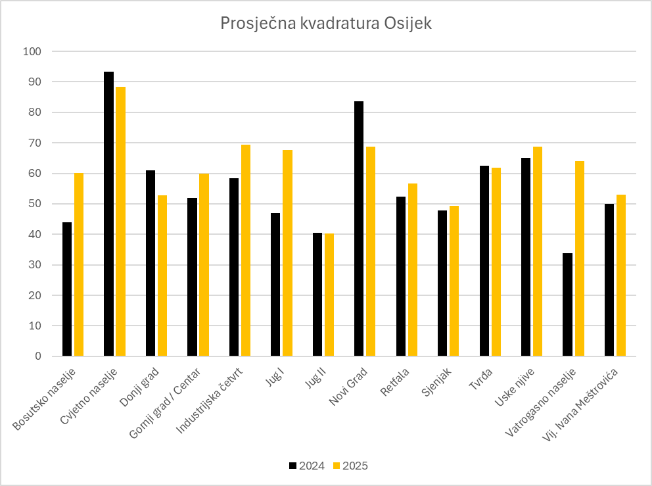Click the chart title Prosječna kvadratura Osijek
click(x=326, y=24)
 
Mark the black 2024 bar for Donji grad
click(x=151, y=263)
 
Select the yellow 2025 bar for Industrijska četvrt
click(x=246, y=251)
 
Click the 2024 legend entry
click(x=307, y=466)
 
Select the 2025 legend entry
click(x=350, y=466)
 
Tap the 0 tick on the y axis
click(x=37, y=356)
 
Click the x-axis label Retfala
click(x=396, y=383)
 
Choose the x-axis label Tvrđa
click(x=481, y=379)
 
